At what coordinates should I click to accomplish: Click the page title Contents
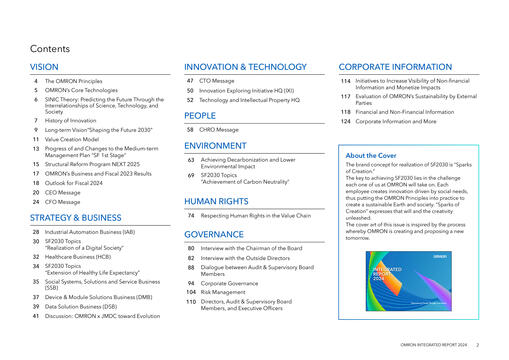[x=49, y=48]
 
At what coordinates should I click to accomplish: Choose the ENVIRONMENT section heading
[x=215, y=145]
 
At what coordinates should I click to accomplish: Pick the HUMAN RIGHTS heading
[x=217, y=202]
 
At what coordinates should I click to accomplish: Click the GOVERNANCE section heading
[x=214, y=233]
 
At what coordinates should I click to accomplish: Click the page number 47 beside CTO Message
[x=190, y=80]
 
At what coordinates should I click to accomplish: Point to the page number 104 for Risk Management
[x=189, y=293]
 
